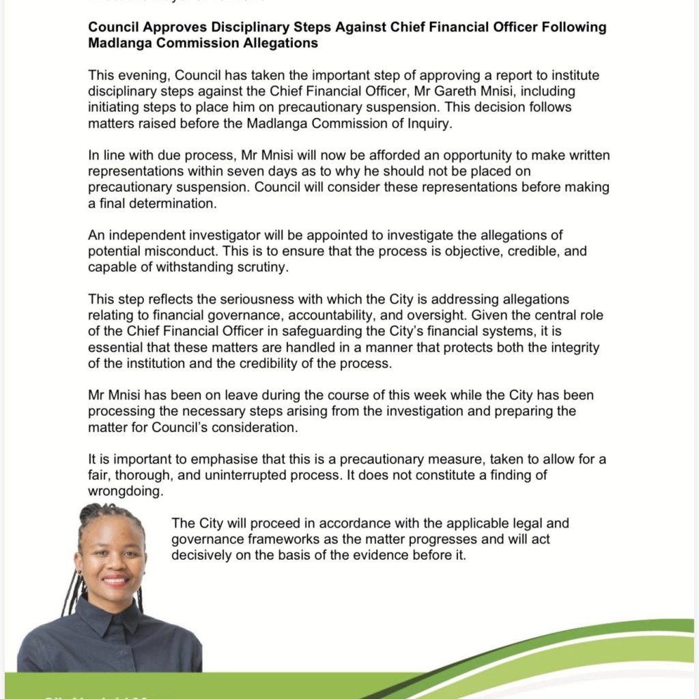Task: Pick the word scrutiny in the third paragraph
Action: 263,267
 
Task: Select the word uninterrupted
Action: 287,475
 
